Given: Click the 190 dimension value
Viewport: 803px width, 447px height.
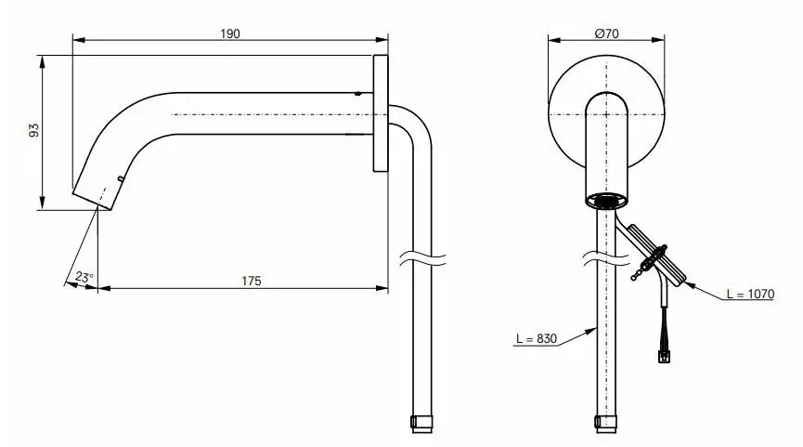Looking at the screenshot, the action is [230, 33].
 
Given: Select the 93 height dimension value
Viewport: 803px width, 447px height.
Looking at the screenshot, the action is [33, 130].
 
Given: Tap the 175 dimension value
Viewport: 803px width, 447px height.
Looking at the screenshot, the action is [251, 281].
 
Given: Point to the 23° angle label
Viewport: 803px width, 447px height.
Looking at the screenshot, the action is [84, 277].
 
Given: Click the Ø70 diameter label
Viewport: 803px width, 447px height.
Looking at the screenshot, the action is [606, 33].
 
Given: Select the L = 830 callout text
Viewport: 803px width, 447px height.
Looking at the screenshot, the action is [537, 339].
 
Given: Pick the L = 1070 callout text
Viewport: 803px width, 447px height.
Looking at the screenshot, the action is [750, 295].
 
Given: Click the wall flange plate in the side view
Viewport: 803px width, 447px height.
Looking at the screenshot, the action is [381, 112].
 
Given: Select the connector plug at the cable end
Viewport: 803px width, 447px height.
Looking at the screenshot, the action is [664, 355].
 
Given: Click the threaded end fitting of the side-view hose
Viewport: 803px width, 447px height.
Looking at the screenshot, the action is [422, 424].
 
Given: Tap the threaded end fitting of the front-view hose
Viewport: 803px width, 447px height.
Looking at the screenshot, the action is [606, 424].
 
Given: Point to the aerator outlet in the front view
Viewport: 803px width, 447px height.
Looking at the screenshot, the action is [606, 201].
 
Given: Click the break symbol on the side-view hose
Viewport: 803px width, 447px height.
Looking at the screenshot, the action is [421, 258].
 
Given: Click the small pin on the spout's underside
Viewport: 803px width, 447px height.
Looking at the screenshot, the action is [121, 179].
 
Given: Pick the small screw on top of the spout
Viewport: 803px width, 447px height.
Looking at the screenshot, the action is [358, 94].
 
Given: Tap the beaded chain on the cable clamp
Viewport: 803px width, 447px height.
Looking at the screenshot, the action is [640, 270].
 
